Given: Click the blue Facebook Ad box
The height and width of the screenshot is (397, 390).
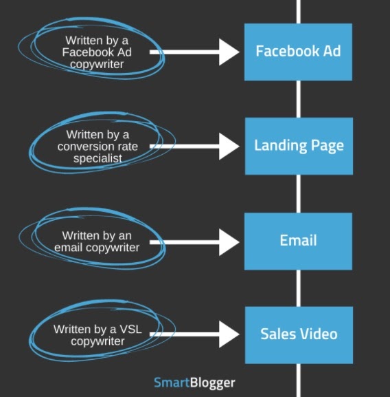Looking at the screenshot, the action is click(x=298, y=52).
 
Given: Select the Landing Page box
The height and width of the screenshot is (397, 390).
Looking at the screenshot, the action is click(x=299, y=146).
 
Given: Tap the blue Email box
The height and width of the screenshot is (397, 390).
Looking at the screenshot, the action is click(x=298, y=242).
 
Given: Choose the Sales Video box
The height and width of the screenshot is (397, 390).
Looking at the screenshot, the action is click(x=299, y=335).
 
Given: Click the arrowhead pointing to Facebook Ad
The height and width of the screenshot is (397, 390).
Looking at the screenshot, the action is click(x=229, y=52).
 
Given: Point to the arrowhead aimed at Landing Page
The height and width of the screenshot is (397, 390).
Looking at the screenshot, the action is click(x=229, y=146).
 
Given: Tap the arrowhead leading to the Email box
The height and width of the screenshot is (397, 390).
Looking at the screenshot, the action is click(x=229, y=242).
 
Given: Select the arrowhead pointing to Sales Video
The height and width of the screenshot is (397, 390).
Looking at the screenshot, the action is click(x=229, y=334).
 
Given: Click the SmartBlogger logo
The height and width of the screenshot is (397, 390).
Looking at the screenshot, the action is click(x=194, y=383).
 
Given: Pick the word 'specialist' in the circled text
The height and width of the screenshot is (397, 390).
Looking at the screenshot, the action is click(x=97, y=158).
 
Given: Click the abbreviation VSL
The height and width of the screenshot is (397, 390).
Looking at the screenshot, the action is click(x=130, y=329).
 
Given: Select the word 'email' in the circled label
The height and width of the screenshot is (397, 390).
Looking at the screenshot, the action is click(x=69, y=248).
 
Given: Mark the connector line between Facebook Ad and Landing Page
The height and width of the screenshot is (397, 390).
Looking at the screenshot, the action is click(x=298, y=99).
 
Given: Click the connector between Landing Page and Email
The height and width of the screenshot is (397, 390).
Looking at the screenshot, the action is click(x=298, y=194).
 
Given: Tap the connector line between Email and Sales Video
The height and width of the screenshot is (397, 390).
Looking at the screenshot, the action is click(x=298, y=288).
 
